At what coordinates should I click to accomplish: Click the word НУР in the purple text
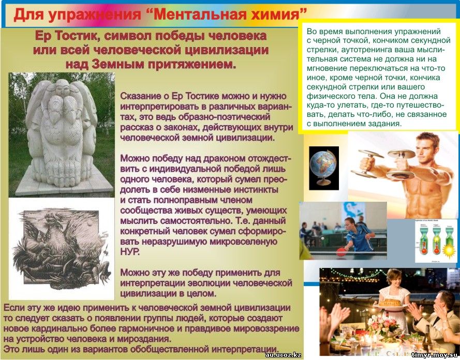pos(129,252)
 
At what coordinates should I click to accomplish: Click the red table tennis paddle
pos(341,251)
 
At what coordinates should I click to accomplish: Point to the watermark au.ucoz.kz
pos(283,355)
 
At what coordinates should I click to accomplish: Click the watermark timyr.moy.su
pos(435,355)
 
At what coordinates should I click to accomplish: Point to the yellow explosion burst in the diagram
pos(449,251)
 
